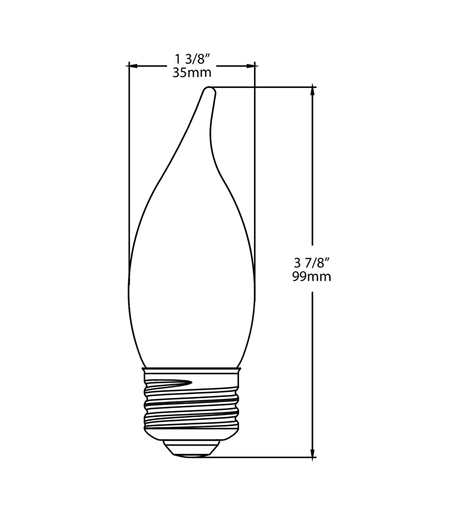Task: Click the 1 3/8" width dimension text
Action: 192,59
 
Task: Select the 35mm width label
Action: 192,72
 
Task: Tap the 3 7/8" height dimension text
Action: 312,263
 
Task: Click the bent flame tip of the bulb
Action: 210,90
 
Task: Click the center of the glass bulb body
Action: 192,274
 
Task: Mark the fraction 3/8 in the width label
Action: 197,59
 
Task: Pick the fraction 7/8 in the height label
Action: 318,263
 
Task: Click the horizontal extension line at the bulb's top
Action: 262,87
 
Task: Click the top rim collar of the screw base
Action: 192,371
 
